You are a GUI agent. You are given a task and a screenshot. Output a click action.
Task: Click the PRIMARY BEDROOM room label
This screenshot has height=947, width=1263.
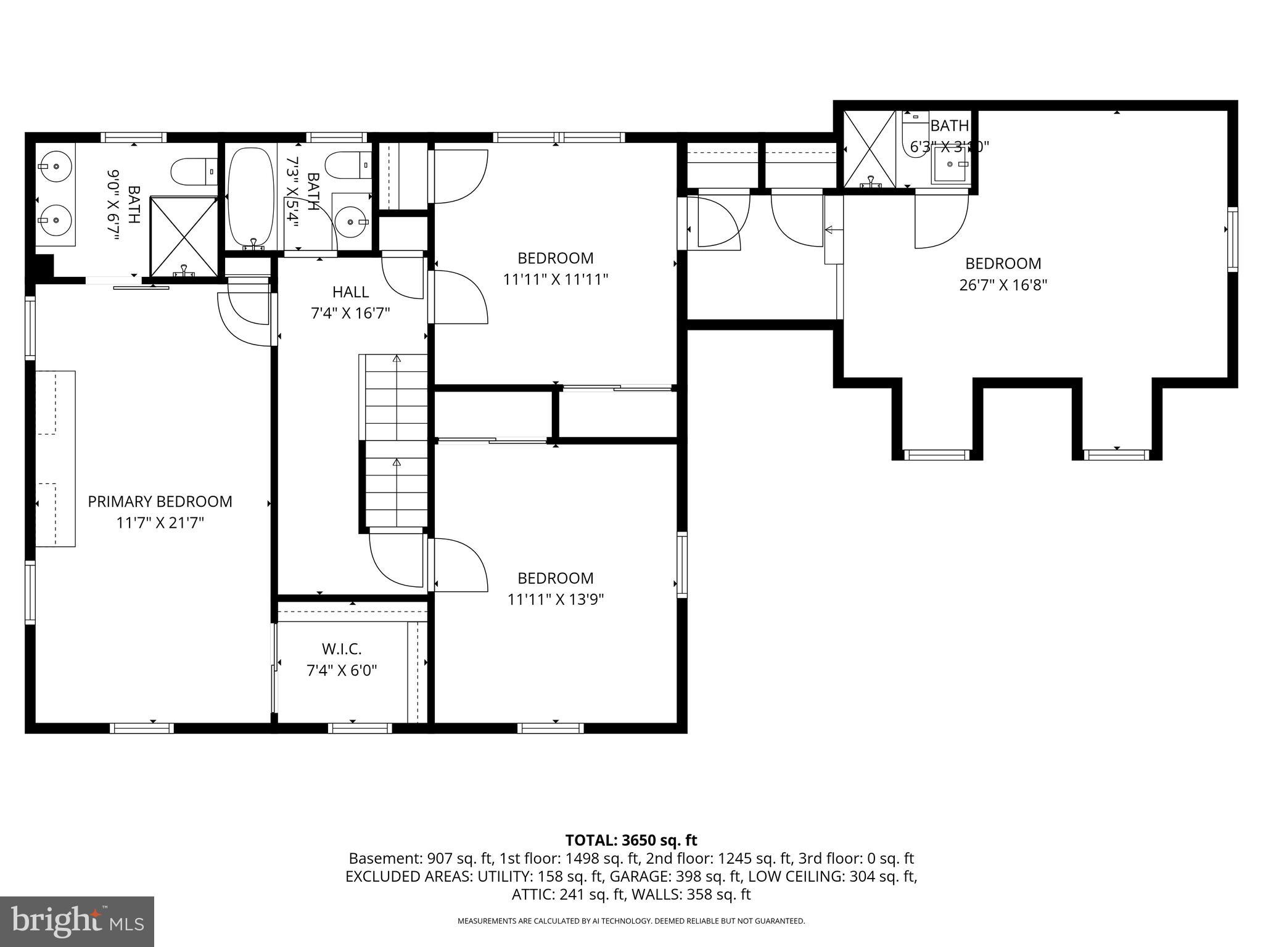pos(160,501)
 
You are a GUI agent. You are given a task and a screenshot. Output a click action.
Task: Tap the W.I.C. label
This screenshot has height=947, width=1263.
pos(342,649)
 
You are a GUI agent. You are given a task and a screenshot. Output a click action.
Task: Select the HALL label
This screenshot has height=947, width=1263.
pos(350,292)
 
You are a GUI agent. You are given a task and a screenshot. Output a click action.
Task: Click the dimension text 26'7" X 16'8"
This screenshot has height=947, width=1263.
pos(1003,285)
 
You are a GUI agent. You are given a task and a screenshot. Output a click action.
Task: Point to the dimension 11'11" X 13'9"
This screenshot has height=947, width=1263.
pos(555,599)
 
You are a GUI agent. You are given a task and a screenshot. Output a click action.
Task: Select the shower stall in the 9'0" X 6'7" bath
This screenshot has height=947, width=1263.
pos(184,236)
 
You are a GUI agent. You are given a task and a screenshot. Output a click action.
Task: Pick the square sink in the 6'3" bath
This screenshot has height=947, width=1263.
pos(951,165)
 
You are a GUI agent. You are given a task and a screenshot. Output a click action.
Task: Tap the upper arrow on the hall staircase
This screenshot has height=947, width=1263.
pos(397,359)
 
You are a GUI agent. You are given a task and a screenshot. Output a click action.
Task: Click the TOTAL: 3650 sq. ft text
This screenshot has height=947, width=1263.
pos(631,840)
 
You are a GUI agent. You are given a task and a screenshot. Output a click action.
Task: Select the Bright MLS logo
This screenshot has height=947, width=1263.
pos(77,921)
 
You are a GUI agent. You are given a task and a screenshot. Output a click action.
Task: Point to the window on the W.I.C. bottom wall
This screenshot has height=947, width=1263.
pos(360,728)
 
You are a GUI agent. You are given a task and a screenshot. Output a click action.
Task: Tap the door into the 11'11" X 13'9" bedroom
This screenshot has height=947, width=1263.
pos(459,564)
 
